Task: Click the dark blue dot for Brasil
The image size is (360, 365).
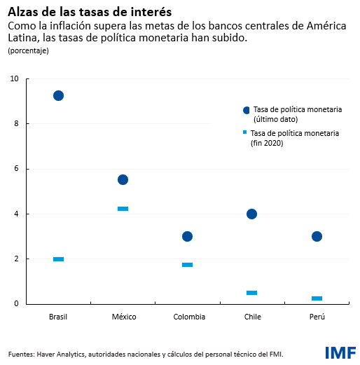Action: (58, 95)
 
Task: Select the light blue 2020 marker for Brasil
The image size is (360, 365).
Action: (58, 259)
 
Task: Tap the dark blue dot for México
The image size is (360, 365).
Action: (123, 179)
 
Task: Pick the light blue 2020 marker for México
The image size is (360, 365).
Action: (123, 209)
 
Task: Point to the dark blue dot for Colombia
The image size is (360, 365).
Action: (187, 236)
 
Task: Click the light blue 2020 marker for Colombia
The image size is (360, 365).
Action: (187, 265)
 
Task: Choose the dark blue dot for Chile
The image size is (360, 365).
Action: (251, 214)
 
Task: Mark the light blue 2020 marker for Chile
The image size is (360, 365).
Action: (251, 293)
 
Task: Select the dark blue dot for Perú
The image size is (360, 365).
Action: (317, 236)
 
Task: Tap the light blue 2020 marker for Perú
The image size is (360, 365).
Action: (317, 298)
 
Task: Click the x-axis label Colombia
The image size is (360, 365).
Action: (189, 317)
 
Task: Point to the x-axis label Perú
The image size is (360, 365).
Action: (317, 317)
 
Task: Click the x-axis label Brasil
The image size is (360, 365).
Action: (58, 317)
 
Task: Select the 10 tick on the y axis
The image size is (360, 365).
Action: (14, 78)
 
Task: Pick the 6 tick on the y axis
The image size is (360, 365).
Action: (15, 169)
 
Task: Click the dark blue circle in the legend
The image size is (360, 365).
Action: (246, 111)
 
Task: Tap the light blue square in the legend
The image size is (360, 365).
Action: (245, 132)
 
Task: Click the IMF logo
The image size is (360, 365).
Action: (340, 352)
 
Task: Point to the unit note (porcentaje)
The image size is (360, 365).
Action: (28, 51)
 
